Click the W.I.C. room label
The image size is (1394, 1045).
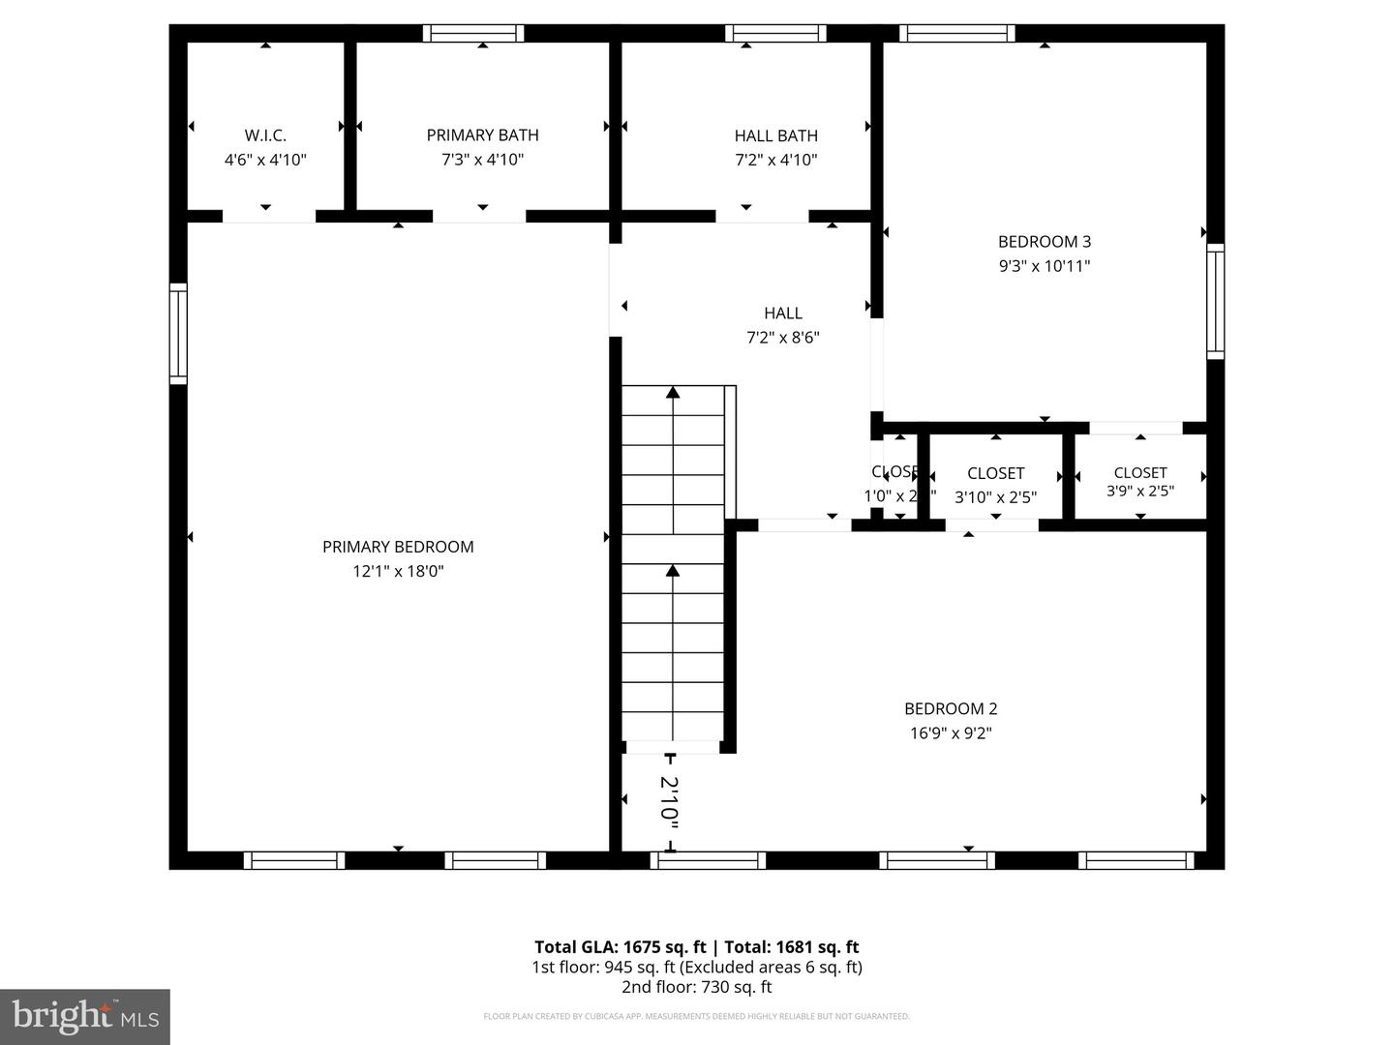click(265, 135)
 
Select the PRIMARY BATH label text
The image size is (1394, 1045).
click(482, 135)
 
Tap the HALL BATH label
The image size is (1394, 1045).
click(775, 135)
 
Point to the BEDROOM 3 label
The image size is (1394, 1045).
click(1044, 242)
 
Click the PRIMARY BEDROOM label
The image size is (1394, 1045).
click(398, 547)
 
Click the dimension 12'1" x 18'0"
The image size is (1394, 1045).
click(398, 572)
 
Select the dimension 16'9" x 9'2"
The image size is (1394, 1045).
click(950, 733)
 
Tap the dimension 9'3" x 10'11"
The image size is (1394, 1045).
click(1044, 266)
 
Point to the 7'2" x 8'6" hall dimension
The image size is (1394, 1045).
click(783, 338)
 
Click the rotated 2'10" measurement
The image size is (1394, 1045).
click(669, 801)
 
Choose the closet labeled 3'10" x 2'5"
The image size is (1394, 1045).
click(995, 486)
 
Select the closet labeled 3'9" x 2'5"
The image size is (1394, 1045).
click(1139, 482)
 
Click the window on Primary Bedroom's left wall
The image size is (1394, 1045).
click(178, 333)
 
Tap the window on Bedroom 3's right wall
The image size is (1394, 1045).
click(1215, 301)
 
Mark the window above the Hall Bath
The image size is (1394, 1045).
click(775, 34)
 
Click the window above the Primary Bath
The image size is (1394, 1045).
click(473, 34)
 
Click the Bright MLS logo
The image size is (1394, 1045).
click(85, 1016)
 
